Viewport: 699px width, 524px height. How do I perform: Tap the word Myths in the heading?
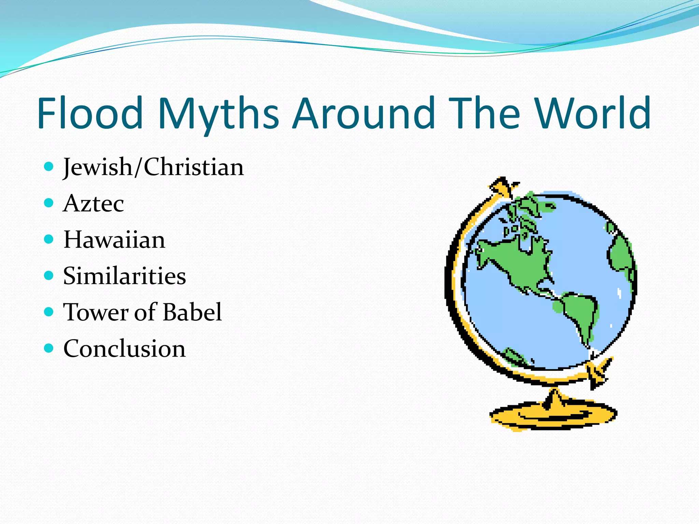pos(218,114)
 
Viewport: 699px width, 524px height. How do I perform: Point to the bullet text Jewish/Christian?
pos(154,167)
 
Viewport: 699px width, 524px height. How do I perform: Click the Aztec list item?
pos(94,204)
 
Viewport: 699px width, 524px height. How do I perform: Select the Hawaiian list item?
pos(114,239)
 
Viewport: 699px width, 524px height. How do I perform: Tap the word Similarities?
pos(125,276)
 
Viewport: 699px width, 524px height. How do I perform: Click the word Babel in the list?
pos(192,312)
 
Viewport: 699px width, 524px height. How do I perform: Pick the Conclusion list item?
pos(125,348)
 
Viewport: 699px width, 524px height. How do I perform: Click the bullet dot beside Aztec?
pos(49,203)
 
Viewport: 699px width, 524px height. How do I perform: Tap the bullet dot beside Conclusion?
pos(49,348)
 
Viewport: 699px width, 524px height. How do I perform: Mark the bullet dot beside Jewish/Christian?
pos(49,166)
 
